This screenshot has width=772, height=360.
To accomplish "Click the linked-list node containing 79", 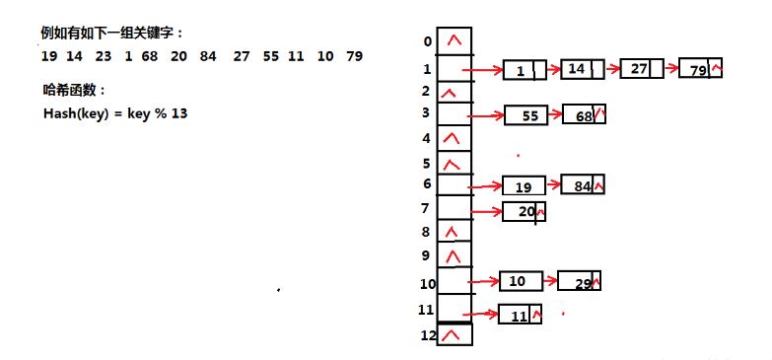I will pyautogui.click(x=701, y=69).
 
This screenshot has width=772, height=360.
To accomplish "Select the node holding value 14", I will pyautogui.click(x=582, y=69).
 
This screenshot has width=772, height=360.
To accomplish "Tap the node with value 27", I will pyautogui.click(x=642, y=69).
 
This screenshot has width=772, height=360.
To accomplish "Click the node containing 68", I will pyautogui.click(x=584, y=114).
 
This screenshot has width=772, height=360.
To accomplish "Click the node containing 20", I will pyautogui.click(x=524, y=211).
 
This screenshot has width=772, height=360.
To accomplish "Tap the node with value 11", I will pyautogui.click(x=520, y=315).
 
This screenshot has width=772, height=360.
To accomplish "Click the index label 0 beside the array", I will pyautogui.click(x=426, y=41).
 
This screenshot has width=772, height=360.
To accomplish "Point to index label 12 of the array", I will pyautogui.click(x=426, y=336).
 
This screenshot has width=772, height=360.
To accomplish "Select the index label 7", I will pyautogui.click(x=426, y=208).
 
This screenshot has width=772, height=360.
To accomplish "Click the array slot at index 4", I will pyautogui.click(x=454, y=137).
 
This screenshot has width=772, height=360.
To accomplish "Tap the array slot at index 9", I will pyautogui.click(x=454, y=256).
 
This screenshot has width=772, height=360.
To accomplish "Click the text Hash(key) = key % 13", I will pyautogui.click(x=115, y=112).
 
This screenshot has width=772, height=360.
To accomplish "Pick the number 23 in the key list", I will pyautogui.click(x=103, y=56).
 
